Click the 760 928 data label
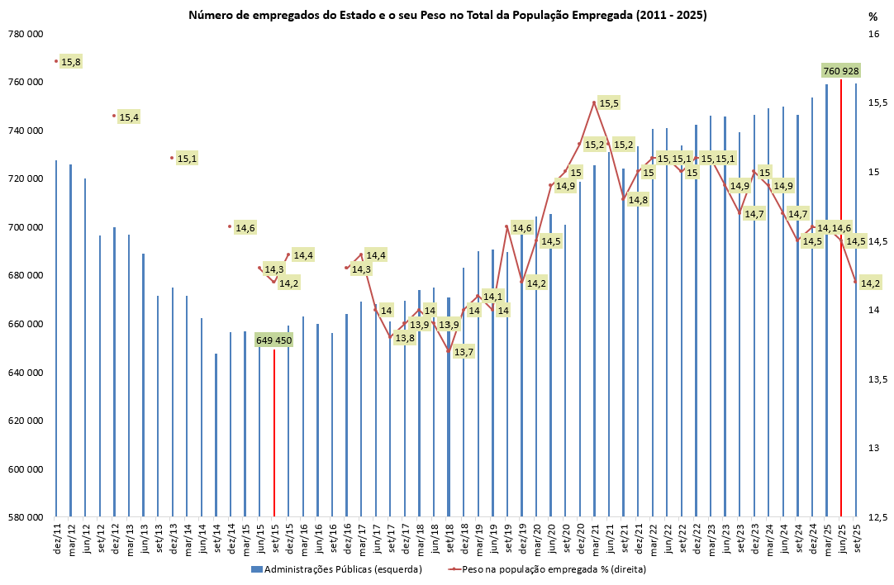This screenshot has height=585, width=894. (x=841, y=70)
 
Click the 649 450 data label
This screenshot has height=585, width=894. (x=274, y=340)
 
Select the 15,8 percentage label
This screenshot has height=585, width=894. (x=71, y=62)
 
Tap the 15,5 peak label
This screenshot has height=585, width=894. (x=609, y=103)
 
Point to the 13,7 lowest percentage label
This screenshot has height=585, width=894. (x=464, y=352)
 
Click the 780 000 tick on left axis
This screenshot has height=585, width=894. (x=26, y=34)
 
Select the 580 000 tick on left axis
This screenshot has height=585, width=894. (x=26, y=518)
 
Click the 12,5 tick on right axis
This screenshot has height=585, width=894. (x=877, y=518)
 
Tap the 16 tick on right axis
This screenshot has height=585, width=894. (x=873, y=34)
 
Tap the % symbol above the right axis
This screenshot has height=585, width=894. (x=873, y=16)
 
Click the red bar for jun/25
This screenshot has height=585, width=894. (x=841, y=297)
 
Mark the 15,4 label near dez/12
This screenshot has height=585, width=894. (x=129, y=117)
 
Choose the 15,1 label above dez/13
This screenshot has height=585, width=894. (x=187, y=159)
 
